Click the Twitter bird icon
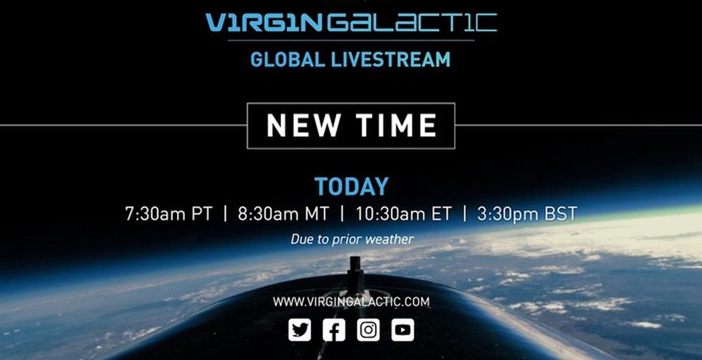click(x=300, y=330)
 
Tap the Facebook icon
click(x=334, y=330)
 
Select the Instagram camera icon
click(x=368, y=330)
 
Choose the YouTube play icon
click(x=402, y=330)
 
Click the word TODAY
click(x=352, y=187)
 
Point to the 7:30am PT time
click(x=168, y=214)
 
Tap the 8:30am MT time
click(x=283, y=214)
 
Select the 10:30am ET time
click(x=404, y=214)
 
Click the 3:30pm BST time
click(x=527, y=214)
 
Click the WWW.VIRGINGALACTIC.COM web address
click(x=352, y=302)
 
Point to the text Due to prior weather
click(x=352, y=239)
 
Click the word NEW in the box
click(x=303, y=125)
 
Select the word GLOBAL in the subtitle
click(x=288, y=60)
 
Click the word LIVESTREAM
click(x=391, y=60)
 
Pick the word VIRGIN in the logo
click(x=264, y=22)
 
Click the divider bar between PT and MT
click(x=225, y=214)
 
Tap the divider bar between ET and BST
click(x=464, y=214)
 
